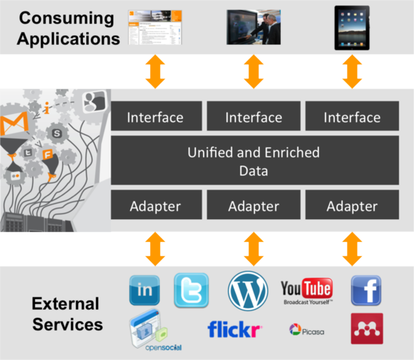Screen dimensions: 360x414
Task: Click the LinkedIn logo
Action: [x=144, y=290]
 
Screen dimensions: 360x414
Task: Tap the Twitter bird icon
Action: [x=191, y=290]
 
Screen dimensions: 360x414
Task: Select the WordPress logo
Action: [x=247, y=290]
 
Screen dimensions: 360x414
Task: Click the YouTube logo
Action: [x=307, y=290]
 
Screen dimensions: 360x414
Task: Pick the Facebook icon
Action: [x=366, y=290]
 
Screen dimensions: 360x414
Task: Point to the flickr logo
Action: [x=234, y=329]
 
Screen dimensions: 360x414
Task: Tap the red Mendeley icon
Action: [x=366, y=328]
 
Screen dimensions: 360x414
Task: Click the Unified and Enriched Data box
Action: [x=254, y=161]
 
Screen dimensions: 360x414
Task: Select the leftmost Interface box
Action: [x=155, y=117]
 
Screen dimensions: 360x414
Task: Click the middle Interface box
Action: [x=254, y=117]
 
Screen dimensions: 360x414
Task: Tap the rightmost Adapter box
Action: [x=352, y=205]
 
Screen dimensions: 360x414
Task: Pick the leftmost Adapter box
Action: [x=155, y=205]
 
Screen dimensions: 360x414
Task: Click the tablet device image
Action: [x=352, y=27]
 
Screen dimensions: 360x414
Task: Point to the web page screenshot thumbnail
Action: [x=155, y=27]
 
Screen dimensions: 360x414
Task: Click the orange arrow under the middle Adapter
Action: [x=254, y=249]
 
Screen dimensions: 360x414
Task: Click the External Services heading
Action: [x=67, y=314]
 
